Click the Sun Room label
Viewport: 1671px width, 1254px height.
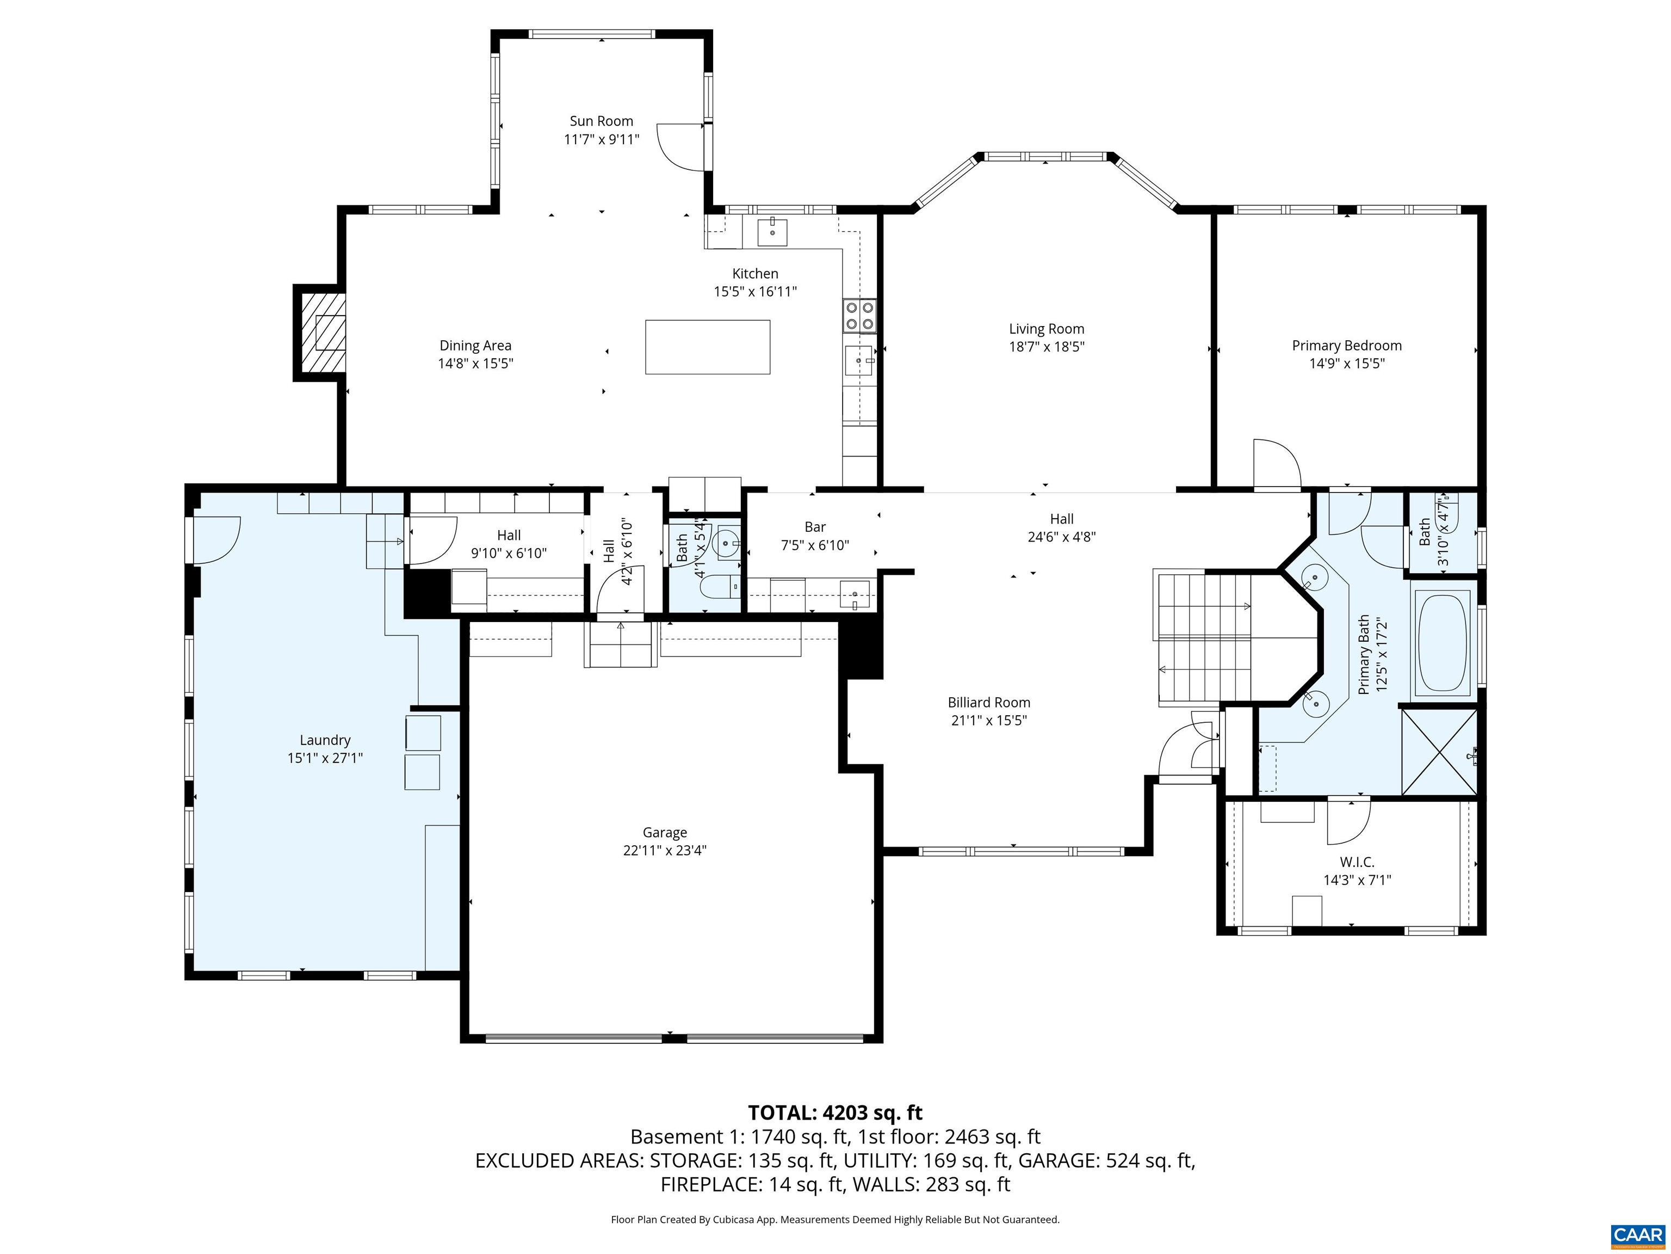(x=601, y=121)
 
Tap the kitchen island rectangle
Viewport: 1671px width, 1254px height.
(x=707, y=347)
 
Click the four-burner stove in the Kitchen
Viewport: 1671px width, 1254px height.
(x=859, y=316)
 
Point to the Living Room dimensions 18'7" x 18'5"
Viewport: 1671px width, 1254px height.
(x=1046, y=347)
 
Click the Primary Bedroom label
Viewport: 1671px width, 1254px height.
(x=1346, y=346)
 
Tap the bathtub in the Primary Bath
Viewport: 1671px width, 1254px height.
(x=1442, y=644)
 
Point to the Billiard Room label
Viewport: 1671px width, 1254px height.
(x=989, y=702)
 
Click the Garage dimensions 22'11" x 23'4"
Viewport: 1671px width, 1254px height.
(x=664, y=850)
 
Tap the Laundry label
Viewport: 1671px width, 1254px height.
(x=325, y=740)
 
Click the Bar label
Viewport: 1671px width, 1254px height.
(x=814, y=527)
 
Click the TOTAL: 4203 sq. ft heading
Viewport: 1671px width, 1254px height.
(x=835, y=1112)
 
